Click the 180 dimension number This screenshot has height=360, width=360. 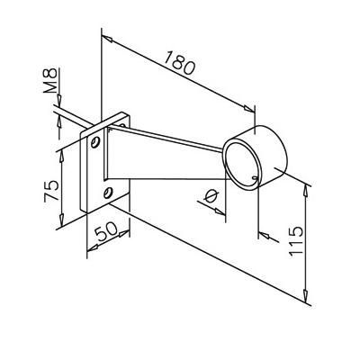click(x=179, y=63)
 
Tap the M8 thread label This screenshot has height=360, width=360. click(x=50, y=80)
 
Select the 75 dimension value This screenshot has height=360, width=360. click(x=51, y=191)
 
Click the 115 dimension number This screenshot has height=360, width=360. click(x=296, y=241)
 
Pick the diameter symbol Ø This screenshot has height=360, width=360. click(x=211, y=196)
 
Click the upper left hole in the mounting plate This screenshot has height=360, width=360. click(x=95, y=142)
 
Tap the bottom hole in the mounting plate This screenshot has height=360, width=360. click(x=108, y=193)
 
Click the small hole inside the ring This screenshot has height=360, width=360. click(x=255, y=178)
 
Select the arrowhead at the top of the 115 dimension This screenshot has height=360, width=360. click(x=305, y=190)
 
